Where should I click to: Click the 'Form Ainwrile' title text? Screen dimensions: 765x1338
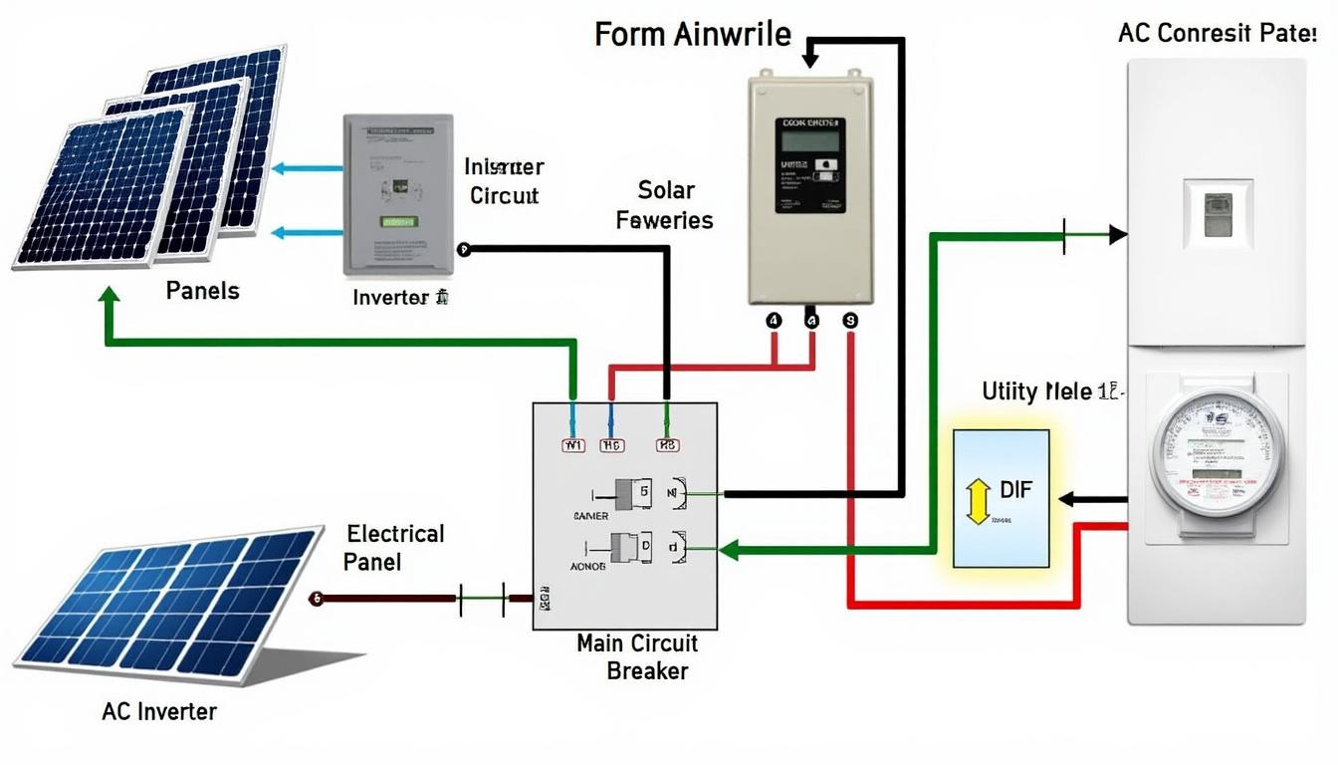(x=693, y=34)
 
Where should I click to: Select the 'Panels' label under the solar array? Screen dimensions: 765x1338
(x=202, y=291)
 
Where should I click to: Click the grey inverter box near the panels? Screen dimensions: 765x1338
(x=397, y=194)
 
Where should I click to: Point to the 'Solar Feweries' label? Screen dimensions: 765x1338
(x=665, y=205)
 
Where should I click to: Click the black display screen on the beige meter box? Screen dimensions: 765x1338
(x=810, y=163)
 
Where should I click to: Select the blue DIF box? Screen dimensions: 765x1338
(x=1001, y=498)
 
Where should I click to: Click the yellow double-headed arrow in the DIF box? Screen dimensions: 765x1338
(x=977, y=500)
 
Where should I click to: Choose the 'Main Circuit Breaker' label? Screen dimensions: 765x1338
(x=637, y=656)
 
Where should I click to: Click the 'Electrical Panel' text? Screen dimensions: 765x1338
(x=394, y=547)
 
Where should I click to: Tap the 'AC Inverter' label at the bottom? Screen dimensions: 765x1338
(x=159, y=711)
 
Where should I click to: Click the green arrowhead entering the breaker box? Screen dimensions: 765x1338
(x=728, y=549)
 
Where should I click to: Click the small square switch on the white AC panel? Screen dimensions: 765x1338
(x=1215, y=212)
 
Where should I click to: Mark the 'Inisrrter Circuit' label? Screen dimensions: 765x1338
(x=504, y=180)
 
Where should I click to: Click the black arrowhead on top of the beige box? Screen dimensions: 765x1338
(x=809, y=60)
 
